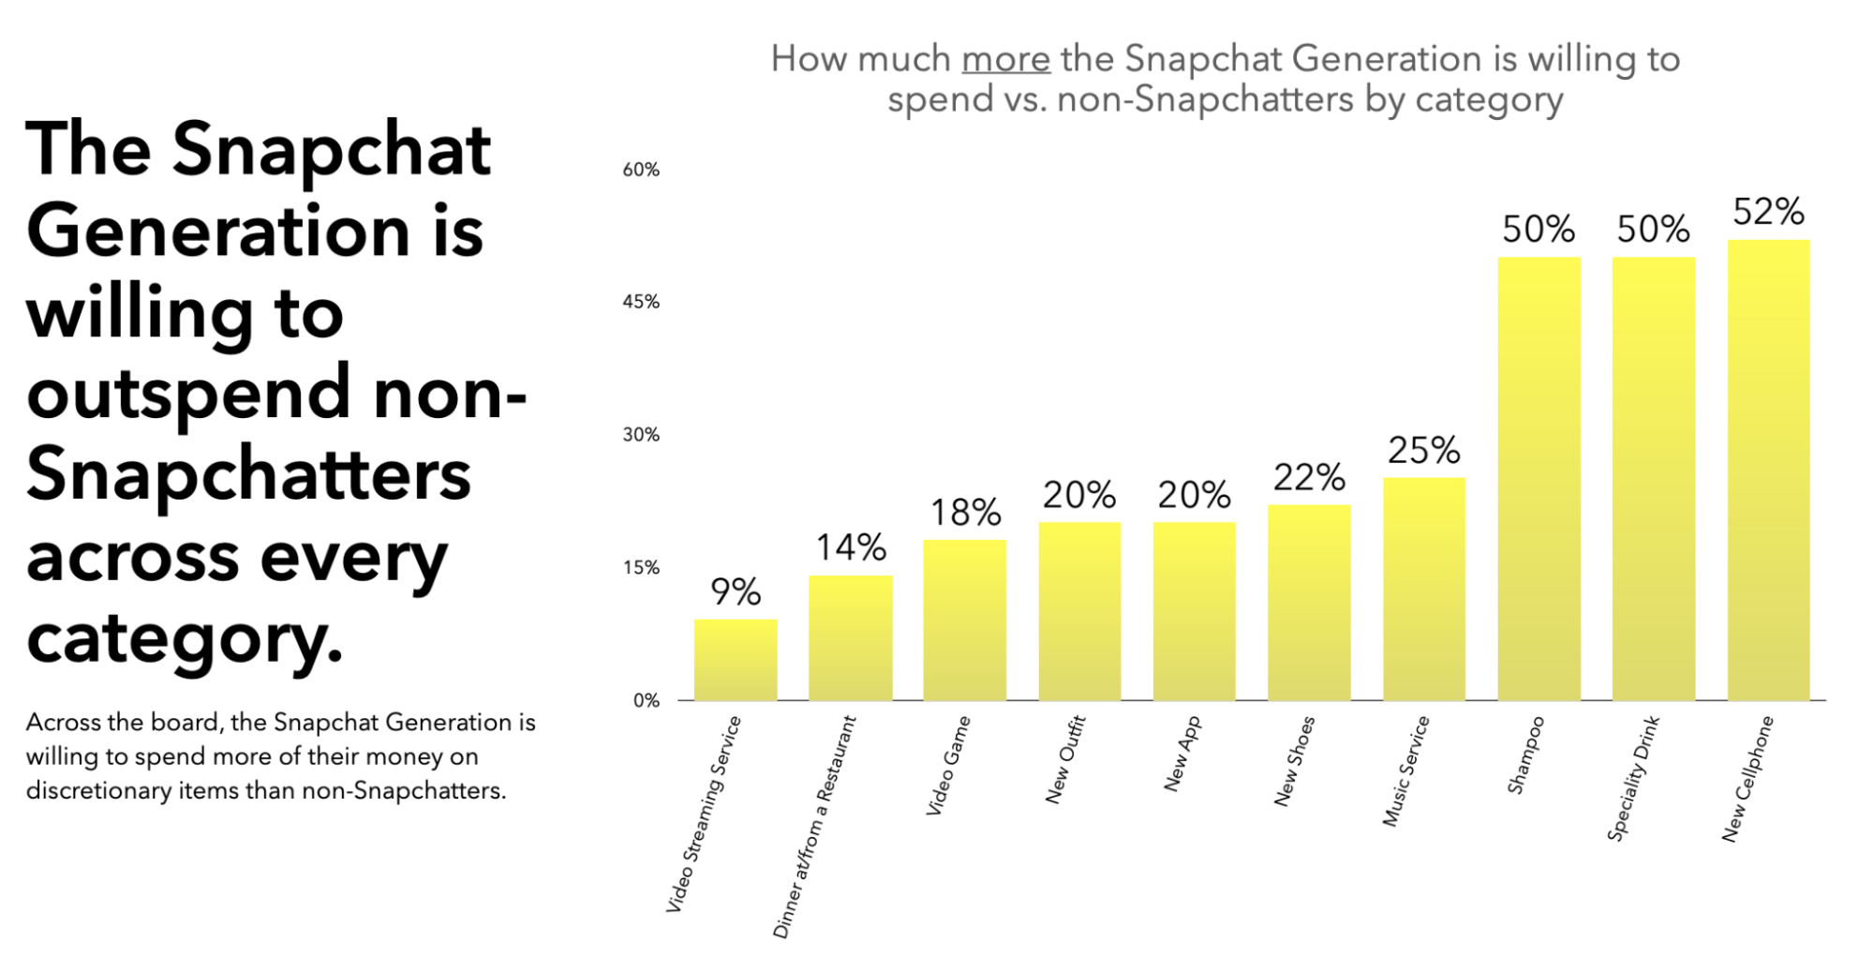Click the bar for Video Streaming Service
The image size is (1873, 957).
tap(736, 660)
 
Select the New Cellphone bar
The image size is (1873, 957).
tap(1768, 469)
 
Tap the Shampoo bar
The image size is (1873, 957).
tap(1539, 478)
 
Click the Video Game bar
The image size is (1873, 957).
tap(964, 620)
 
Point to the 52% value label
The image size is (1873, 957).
tap(1768, 212)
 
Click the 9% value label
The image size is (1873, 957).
tap(736, 591)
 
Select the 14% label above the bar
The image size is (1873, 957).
tap(851, 547)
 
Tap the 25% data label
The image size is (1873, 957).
tap(1423, 451)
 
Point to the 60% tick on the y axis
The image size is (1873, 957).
tap(641, 170)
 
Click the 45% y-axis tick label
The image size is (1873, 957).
tap(641, 302)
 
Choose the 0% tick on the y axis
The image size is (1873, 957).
tap(646, 700)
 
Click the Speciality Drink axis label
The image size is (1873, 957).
tap(1633, 778)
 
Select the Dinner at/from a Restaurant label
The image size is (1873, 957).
tap(814, 827)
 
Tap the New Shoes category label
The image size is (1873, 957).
tap(1294, 761)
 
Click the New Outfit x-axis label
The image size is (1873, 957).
tap(1064, 759)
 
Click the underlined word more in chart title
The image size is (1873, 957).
tap(1005, 59)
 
